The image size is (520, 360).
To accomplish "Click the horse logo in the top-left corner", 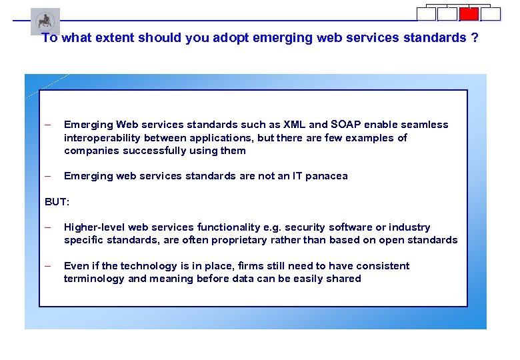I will click(x=45, y=21).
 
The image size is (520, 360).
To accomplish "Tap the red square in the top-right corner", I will click(x=469, y=14).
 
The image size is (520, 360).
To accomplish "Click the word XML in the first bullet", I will click(x=295, y=125).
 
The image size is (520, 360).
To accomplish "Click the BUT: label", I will click(x=57, y=201).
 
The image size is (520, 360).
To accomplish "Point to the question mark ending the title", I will click(x=475, y=38).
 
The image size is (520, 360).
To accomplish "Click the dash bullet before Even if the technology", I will click(x=47, y=265).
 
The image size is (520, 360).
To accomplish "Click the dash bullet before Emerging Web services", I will click(x=47, y=125).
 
